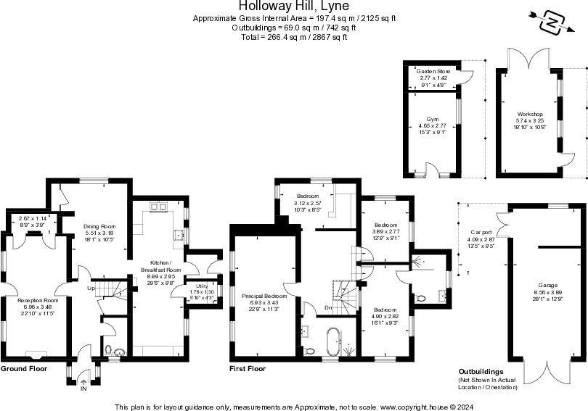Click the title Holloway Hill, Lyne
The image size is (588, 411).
point(294,7)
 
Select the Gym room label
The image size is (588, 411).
point(433,118)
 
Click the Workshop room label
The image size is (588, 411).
point(529,114)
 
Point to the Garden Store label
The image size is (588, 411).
point(433,71)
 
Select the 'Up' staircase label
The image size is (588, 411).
point(90,288)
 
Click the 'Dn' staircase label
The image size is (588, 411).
point(328,307)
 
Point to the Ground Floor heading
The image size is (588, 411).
point(24,369)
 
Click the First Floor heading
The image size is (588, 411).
point(248,369)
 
